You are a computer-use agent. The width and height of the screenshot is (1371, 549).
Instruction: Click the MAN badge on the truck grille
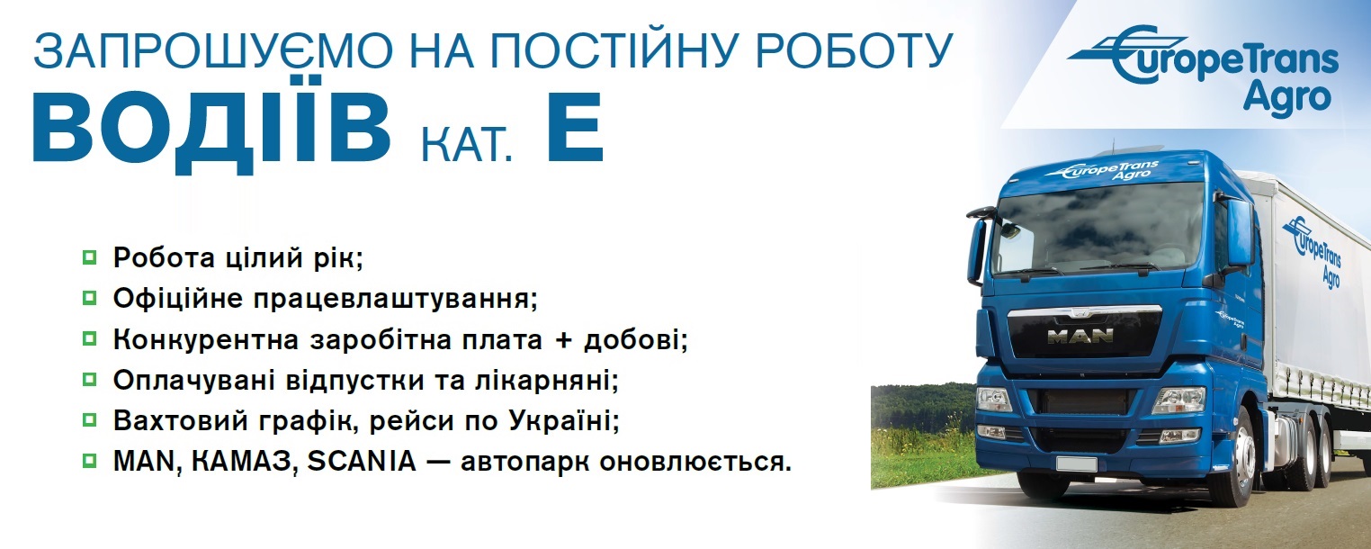(x=1080, y=336)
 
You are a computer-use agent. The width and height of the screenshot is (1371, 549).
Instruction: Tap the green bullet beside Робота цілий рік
(x=89, y=257)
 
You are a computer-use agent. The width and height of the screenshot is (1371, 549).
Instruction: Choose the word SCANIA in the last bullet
(x=361, y=461)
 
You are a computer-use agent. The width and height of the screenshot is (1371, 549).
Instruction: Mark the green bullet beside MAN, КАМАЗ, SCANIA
(x=89, y=460)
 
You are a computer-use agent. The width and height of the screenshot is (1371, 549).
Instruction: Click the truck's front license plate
(x=1077, y=463)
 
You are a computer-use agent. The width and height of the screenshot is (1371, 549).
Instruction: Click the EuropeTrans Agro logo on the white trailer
(x=1313, y=251)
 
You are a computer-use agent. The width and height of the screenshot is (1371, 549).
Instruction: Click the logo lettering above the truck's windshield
(x=1102, y=170)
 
